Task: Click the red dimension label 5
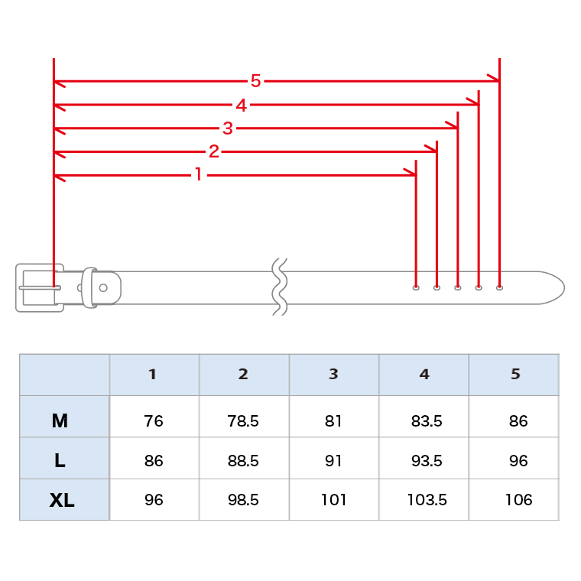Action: [x=255, y=81]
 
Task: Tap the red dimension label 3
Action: [x=228, y=128]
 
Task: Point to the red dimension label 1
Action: [x=199, y=174]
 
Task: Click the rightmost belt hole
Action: [x=499, y=287]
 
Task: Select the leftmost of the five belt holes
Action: [x=416, y=287]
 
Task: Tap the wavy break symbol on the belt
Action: [x=279, y=287]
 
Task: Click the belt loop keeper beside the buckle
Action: [x=89, y=287]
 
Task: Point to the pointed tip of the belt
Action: [x=564, y=288]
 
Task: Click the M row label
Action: [x=60, y=420]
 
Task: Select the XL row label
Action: [x=62, y=500]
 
